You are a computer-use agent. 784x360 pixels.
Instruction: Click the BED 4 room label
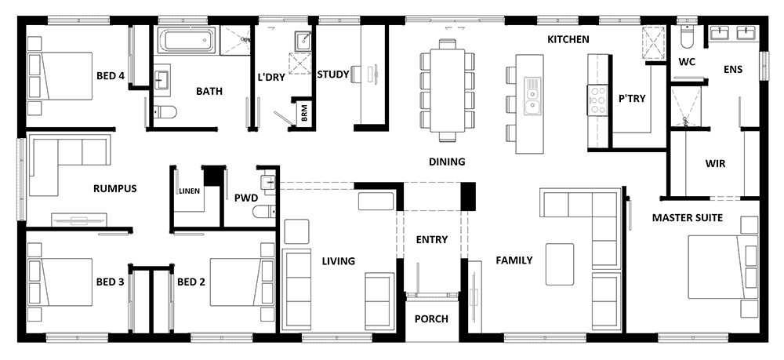coord(110,76)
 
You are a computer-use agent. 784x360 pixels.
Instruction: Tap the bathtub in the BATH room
coord(186,40)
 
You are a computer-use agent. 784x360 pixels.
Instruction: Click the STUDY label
coord(332,75)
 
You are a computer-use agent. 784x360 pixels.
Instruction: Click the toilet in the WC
coord(688,38)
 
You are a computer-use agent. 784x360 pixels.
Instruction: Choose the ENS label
coord(734,69)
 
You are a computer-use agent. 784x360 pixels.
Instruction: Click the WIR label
coord(714,164)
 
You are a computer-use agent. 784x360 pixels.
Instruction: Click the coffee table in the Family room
coord(561,264)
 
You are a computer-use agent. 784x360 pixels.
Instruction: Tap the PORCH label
coord(432,319)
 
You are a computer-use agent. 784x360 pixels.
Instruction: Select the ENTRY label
coord(432,239)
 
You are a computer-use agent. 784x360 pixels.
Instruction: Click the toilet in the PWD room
coord(263,209)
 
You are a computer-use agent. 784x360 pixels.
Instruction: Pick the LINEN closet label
coord(188,191)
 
